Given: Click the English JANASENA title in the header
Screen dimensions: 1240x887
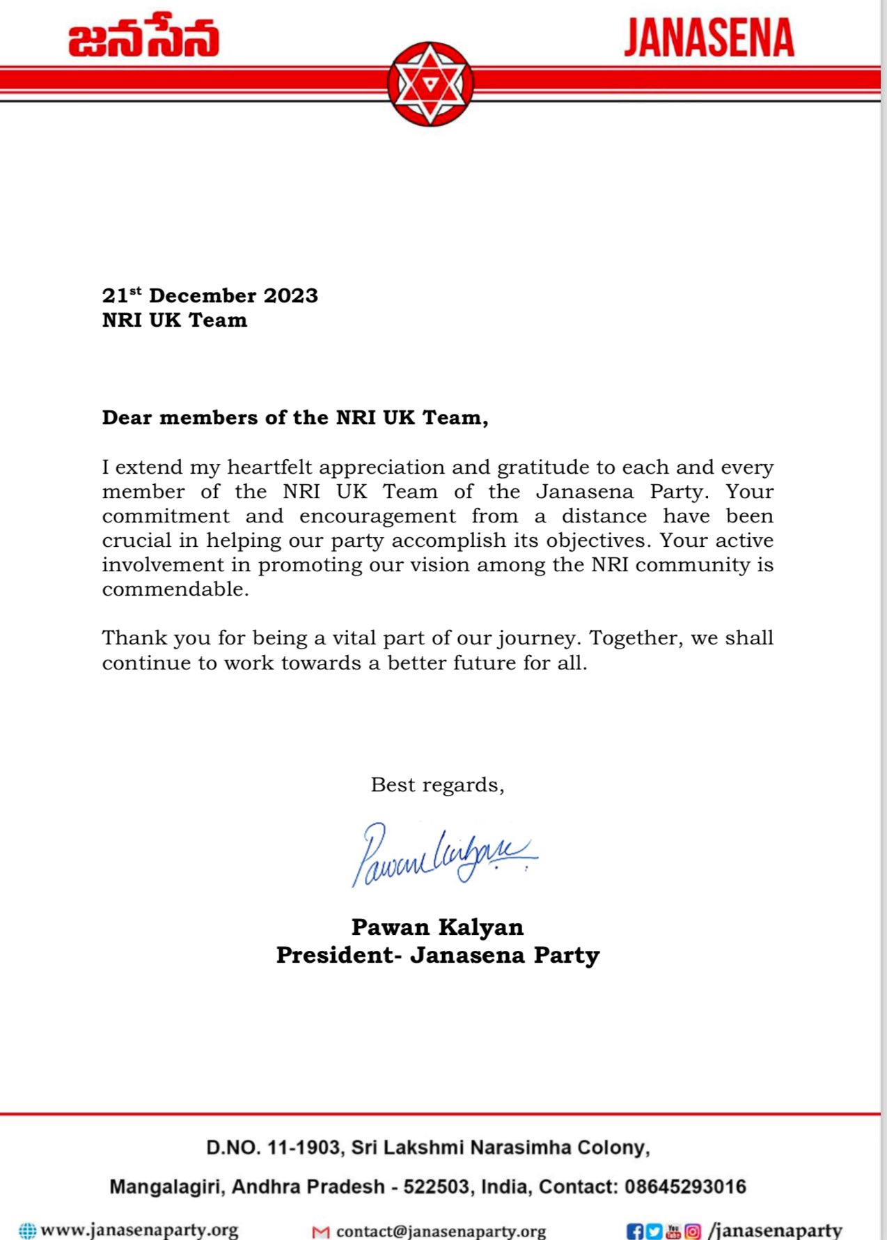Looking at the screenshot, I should point(709,38).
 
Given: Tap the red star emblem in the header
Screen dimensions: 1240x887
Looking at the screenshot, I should point(430,84).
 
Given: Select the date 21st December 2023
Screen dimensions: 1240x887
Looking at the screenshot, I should point(210,295).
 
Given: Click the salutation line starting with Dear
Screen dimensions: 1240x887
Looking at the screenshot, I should point(295,417).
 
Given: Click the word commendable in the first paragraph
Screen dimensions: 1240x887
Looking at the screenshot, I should point(175,589).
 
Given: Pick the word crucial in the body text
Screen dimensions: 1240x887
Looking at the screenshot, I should point(136,541).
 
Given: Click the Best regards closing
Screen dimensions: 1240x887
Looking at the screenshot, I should point(437,785).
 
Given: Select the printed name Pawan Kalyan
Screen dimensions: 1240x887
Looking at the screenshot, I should point(437,927).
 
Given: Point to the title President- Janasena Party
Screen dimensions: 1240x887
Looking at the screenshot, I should point(437,955).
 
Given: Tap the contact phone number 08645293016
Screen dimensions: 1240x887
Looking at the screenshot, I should point(685,1186).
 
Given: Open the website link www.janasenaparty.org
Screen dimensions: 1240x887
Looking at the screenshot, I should point(139,1230).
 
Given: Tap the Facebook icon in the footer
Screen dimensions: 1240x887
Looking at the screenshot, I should point(634,1231).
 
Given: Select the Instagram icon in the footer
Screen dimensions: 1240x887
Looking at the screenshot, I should point(693,1231).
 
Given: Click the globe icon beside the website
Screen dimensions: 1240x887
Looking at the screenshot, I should point(27,1231).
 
